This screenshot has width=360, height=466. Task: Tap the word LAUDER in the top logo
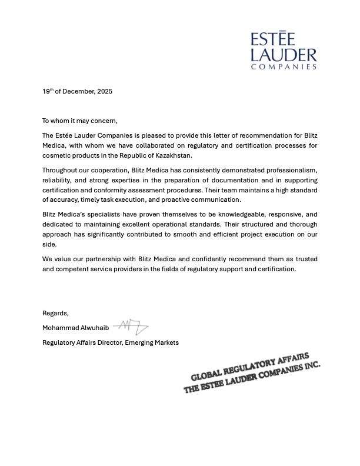[x=284, y=55]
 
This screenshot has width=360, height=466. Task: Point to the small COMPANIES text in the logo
[x=284, y=66]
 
